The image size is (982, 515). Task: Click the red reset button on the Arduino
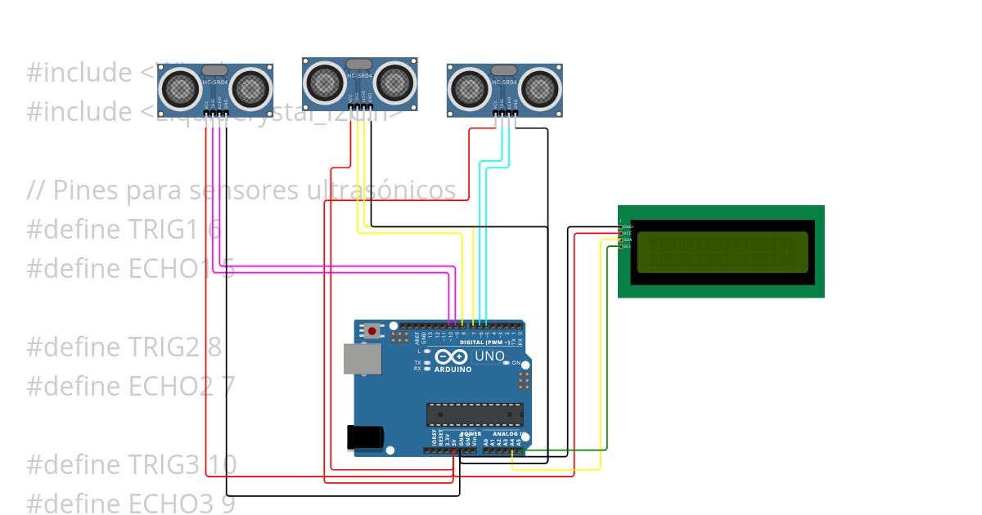point(373,331)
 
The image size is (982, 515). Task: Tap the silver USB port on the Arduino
point(363,359)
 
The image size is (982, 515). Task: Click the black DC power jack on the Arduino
point(365,437)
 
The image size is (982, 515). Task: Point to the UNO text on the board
point(489,356)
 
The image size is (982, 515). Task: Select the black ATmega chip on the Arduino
point(475,414)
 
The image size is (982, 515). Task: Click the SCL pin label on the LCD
point(627,246)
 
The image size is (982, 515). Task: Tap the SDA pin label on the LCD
point(627,240)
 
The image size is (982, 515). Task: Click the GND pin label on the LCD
point(628,226)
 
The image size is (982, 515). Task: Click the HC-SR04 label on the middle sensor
point(360,75)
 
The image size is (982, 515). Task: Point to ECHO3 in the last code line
point(178,504)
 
